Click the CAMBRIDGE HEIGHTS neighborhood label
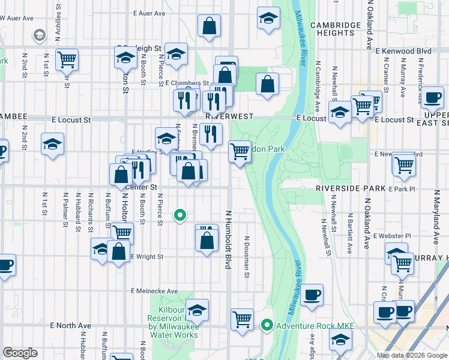(336, 29)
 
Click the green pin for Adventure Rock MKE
(267, 326)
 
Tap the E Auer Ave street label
(149, 13)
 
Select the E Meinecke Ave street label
(155, 291)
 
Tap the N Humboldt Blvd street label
(228, 239)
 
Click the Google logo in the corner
(20, 353)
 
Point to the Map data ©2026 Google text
(411, 355)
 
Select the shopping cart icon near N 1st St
(67, 59)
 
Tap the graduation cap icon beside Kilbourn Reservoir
(196, 310)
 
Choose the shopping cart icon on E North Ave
(242, 319)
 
